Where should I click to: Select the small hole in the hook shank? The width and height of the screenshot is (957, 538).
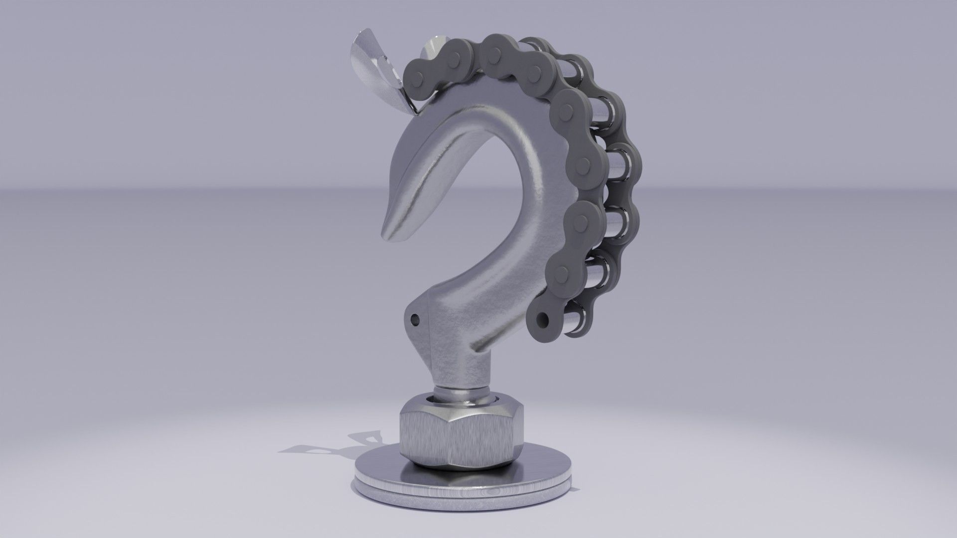pos(413,317)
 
